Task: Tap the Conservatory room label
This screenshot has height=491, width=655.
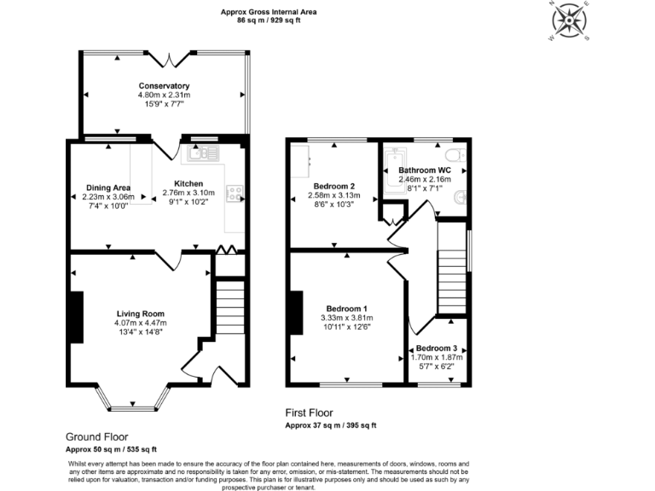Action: point(164,86)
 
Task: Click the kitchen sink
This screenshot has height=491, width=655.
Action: point(204,154)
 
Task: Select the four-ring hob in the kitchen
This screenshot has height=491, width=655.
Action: point(235,194)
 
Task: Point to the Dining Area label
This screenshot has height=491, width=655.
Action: point(107,188)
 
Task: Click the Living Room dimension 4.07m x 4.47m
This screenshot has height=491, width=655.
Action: point(141,323)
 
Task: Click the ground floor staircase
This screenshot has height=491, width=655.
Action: point(228,310)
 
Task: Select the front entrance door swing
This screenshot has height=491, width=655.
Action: point(194,367)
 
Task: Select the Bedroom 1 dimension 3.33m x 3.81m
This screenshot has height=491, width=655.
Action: point(347,318)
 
